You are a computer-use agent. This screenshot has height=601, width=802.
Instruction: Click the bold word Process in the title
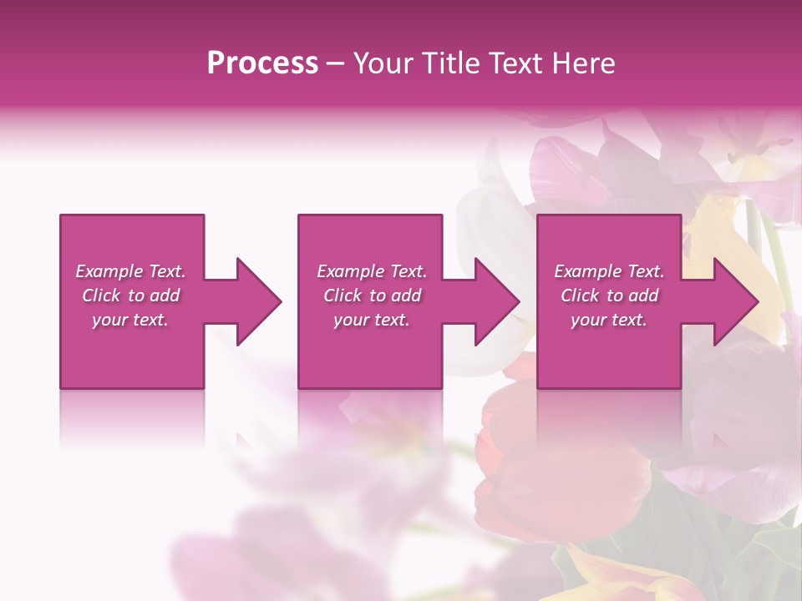(x=262, y=63)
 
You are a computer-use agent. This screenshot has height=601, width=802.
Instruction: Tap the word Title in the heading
(x=449, y=63)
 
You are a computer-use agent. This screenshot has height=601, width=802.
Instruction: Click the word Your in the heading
(x=383, y=63)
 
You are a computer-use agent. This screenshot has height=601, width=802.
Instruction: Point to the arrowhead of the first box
(x=256, y=301)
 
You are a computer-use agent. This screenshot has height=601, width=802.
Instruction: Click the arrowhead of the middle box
(x=495, y=301)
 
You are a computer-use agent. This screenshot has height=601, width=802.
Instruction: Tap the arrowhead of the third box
(x=733, y=301)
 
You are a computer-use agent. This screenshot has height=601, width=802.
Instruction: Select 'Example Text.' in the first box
(x=130, y=271)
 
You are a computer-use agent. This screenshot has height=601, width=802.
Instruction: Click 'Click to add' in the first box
(x=130, y=295)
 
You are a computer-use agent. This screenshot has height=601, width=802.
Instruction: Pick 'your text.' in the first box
(x=130, y=320)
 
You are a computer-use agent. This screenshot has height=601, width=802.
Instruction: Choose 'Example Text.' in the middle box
(x=372, y=271)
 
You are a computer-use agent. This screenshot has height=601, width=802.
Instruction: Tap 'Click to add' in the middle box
(x=372, y=295)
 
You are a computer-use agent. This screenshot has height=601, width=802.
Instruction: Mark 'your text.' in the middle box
(x=372, y=320)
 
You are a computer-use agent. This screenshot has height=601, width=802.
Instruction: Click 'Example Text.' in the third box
(x=609, y=271)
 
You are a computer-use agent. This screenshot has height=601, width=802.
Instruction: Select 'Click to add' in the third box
(x=609, y=295)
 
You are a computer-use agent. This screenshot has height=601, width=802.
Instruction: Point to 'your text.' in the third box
(x=609, y=320)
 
